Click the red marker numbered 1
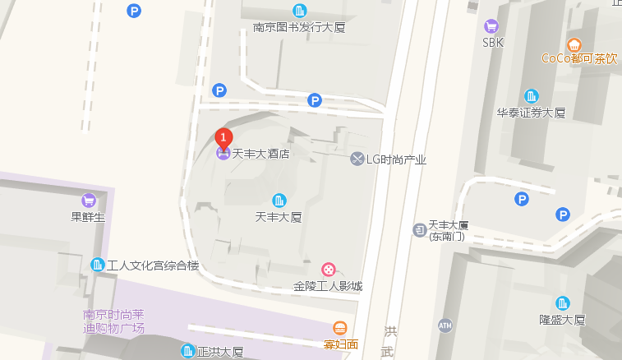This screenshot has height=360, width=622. point(223,137)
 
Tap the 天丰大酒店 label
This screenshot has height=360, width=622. point(260,154)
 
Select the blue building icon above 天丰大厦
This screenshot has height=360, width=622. point(279,201)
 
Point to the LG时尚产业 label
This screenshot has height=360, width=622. point(396,159)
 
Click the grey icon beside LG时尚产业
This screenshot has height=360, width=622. point(357,159)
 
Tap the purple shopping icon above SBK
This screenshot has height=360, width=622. point(491,25)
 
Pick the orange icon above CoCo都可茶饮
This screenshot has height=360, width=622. point(574,44)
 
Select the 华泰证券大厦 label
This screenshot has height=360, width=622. point(531,113)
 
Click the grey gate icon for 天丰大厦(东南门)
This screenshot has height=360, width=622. point(418,229)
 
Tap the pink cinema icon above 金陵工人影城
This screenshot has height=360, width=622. point(329,270)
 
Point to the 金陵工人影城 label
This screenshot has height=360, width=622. point(328,286)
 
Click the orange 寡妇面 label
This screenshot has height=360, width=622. point(341,344)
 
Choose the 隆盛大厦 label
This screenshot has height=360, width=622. point(562,320)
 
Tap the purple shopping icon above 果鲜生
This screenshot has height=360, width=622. point(89,201)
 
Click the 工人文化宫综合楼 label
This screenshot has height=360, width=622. point(154,265)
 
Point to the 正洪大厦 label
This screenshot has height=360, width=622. point(220,352)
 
